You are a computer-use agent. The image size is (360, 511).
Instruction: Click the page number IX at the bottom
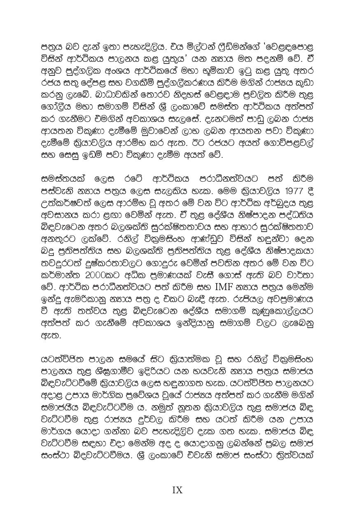tap(177, 490)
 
